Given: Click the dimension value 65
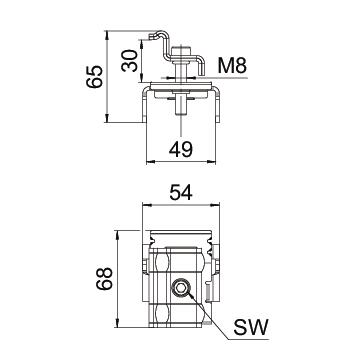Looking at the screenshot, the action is [x=94, y=76].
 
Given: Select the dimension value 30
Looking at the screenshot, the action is [x=129, y=61].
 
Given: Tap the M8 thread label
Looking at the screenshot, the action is [x=232, y=65].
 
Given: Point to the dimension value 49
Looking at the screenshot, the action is [x=181, y=149].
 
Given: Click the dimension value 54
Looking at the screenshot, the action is [x=181, y=193].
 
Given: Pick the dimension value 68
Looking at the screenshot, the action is [x=104, y=278].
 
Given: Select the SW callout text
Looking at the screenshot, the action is [x=251, y=327].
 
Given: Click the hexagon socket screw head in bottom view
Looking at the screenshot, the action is [x=181, y=287].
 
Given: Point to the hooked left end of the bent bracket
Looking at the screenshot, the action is [x=154, y=36].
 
